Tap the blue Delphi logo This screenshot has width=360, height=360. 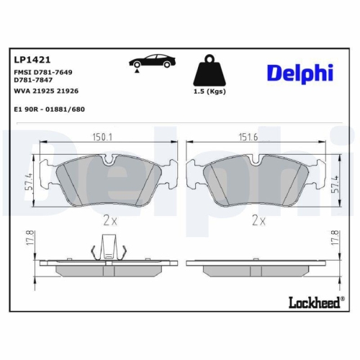[x=300, y=73]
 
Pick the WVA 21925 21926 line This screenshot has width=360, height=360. [x=46, y=92]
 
